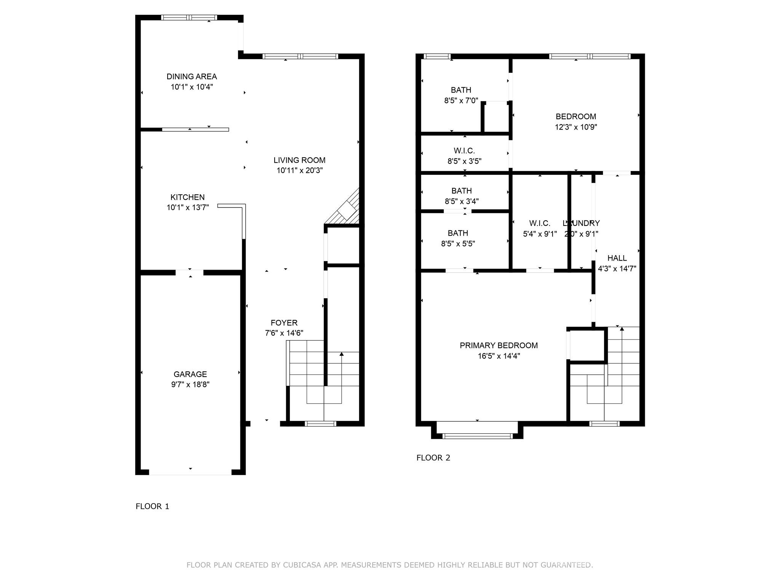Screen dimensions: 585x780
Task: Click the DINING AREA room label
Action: [x=192, y=77]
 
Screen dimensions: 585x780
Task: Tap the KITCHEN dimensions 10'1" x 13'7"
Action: [x=188, y=208]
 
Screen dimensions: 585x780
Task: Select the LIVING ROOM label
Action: [x=299, y=160]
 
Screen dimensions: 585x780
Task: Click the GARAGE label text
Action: [x=190, y=374]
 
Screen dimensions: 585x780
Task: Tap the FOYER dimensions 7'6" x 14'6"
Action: [x=284, y=333]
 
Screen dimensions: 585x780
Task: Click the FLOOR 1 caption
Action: [x=152, y=506]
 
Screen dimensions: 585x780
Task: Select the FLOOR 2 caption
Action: [x=433, y=458]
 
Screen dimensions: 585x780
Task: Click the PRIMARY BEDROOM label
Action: [x=499, y=345]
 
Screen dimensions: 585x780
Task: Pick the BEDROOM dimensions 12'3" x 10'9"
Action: [x=576, y=127]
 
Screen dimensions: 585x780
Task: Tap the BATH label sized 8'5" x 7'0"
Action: [x=461, y=90]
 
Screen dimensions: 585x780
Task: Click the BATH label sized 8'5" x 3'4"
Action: [x=461, y=191]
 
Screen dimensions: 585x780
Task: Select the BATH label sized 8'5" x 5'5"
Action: [x=458, y=233]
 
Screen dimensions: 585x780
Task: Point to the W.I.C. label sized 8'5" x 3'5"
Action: [x=464, y=151]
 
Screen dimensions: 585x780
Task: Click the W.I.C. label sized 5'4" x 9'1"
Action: [x=540, y=224]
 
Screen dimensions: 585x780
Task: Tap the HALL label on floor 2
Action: [x=617, y=258]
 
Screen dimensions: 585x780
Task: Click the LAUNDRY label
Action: [x=581, y=224]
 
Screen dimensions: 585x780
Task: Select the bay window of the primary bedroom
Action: [x=477, y=436]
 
